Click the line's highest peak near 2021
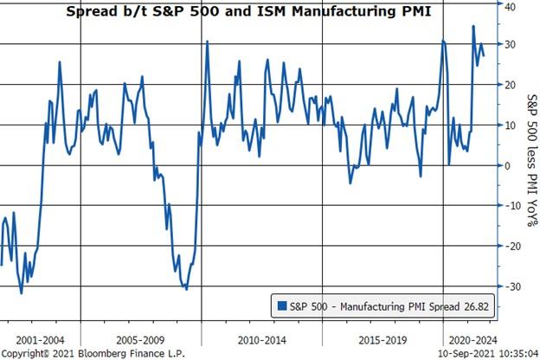[472, 26]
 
